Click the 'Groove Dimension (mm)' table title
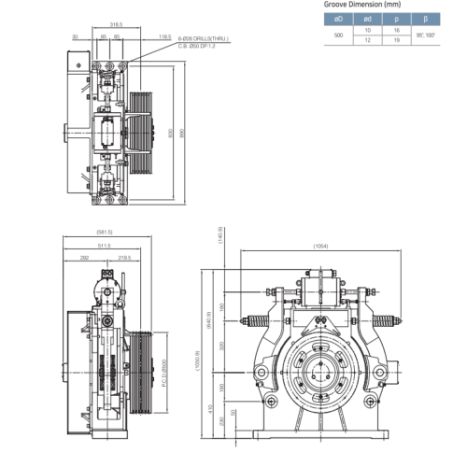pyautogui.click(x=360, y=5)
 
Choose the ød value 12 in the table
pyautogui.click(x=368, y=40)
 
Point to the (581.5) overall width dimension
pyautogui.click(x=104, y=232)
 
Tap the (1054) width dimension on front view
pyautogui.click(x=320, y=247)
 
